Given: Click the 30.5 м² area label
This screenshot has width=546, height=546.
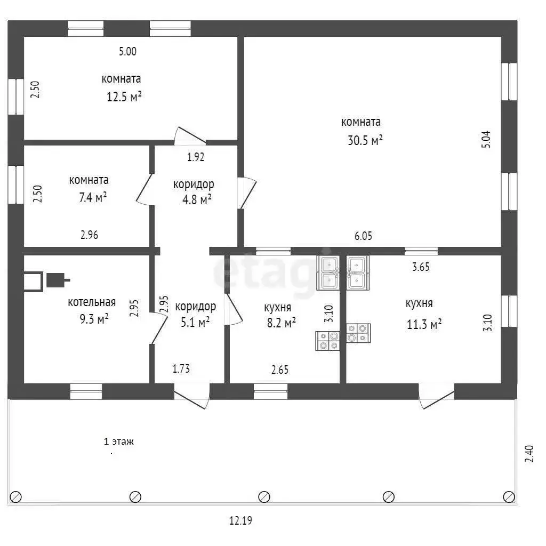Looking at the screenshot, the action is point(365,140).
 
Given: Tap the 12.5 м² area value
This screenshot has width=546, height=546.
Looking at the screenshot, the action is point(124,97).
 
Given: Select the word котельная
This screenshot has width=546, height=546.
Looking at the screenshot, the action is point(92,302).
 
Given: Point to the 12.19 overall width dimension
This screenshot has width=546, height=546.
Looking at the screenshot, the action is point(240,520).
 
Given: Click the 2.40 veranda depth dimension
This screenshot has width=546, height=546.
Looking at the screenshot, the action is point(529,454).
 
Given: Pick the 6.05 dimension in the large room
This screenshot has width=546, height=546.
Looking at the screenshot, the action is point(363,236).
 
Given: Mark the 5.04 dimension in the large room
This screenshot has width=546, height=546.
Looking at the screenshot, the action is point(486,139).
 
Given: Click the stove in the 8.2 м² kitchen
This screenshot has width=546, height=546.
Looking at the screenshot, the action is point(327,341).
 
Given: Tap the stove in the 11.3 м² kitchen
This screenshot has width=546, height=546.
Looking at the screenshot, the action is point(358,333).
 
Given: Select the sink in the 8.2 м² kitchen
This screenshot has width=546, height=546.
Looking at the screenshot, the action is point(328,273).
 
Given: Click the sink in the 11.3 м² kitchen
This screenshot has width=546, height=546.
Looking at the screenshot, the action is point(358,273).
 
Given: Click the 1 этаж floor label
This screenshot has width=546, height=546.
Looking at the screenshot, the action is point(119,441).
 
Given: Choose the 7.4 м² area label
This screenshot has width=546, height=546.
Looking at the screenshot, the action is point(93,197).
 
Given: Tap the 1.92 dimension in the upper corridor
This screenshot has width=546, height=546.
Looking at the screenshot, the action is point(196,157).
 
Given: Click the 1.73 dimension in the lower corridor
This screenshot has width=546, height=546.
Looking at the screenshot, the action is point(181,368).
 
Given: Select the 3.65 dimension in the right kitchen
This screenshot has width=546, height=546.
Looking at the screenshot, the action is point(421,267).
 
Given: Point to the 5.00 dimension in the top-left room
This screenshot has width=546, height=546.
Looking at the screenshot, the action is point(127,52).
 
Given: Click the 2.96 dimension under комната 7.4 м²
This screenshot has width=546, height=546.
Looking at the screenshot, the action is point(89,235).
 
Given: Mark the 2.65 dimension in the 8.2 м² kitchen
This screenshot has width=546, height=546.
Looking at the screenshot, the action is point(280,370).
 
